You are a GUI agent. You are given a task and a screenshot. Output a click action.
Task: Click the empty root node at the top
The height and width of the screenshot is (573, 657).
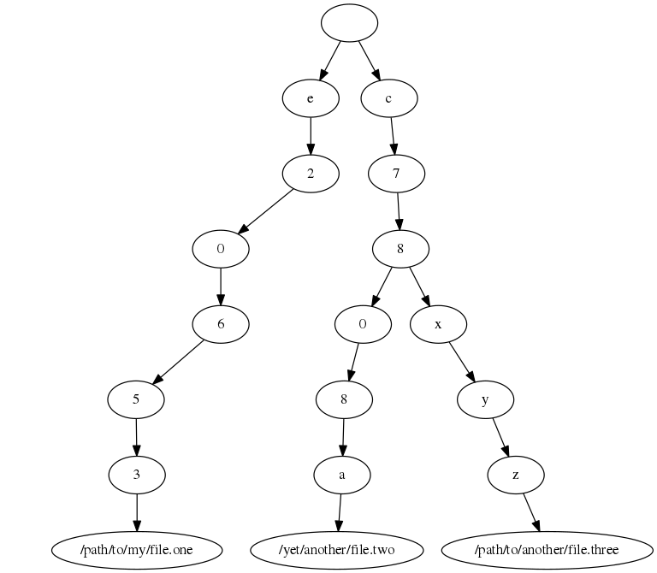(x=349, y=23)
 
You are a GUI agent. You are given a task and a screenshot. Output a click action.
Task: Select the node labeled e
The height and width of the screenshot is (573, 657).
(x=311, y=98)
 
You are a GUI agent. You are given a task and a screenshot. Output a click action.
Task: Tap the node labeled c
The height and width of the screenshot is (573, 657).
(x=389, y=98)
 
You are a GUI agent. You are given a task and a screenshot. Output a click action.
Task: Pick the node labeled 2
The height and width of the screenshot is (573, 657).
(x=311, y=174)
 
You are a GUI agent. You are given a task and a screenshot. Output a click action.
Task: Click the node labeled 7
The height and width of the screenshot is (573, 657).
(x=396, y=174)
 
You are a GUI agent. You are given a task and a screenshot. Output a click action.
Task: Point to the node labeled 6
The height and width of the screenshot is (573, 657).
(x=221, y=324)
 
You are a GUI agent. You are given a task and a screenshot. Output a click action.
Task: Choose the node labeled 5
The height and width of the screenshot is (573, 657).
(x=136, y=399)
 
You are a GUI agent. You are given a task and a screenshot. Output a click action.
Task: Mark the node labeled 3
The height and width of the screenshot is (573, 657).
(x=137, y=473)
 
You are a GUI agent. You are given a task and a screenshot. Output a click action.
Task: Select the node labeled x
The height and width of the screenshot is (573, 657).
(x=438, y=324)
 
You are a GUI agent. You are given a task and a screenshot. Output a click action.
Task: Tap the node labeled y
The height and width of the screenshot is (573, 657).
(x=485, y=399)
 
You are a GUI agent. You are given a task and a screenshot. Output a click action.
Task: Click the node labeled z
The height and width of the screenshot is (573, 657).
(x=516, y=473)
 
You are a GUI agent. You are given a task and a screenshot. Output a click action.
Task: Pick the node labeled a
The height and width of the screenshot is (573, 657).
(x=341, y=473)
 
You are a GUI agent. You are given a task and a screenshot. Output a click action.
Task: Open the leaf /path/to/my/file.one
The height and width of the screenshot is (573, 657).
(x=137, y=548)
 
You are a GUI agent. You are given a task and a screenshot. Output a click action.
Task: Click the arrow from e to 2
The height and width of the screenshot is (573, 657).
(x=311, y=136)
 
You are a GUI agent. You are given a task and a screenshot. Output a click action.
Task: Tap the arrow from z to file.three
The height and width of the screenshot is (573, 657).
(x=530, y=511)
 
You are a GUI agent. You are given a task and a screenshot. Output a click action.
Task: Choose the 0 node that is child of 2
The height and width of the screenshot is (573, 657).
(x=221, y=249)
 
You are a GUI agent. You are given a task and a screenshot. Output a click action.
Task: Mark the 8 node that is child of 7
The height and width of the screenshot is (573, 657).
(x=400, y=249)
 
